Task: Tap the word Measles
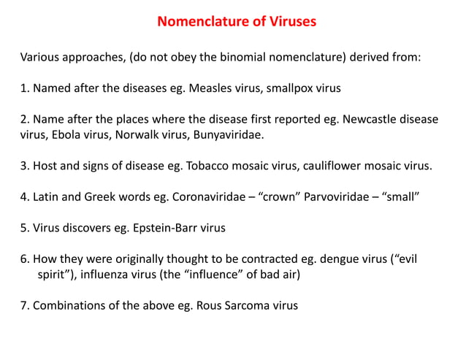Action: [x=210, y=88]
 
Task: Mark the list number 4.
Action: [x=23, y=196]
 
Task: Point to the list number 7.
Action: [x=23, y=305]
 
